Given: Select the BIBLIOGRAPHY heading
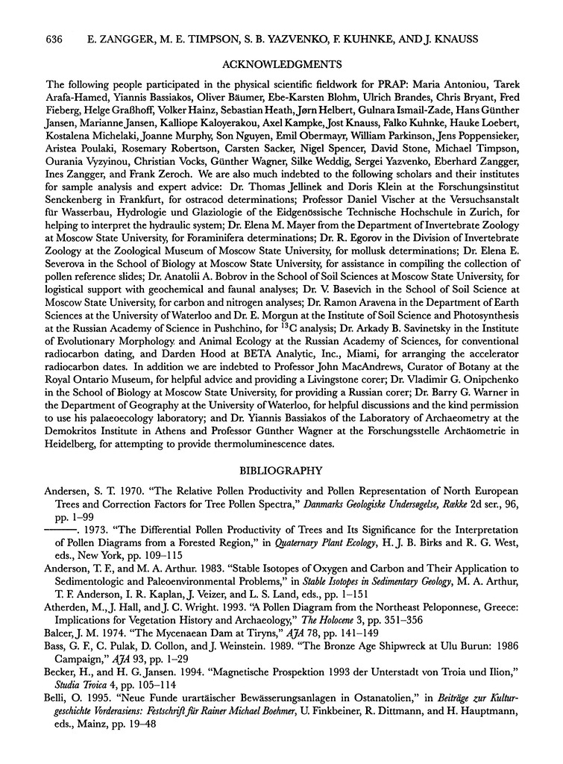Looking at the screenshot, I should click(x=281, y=471).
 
